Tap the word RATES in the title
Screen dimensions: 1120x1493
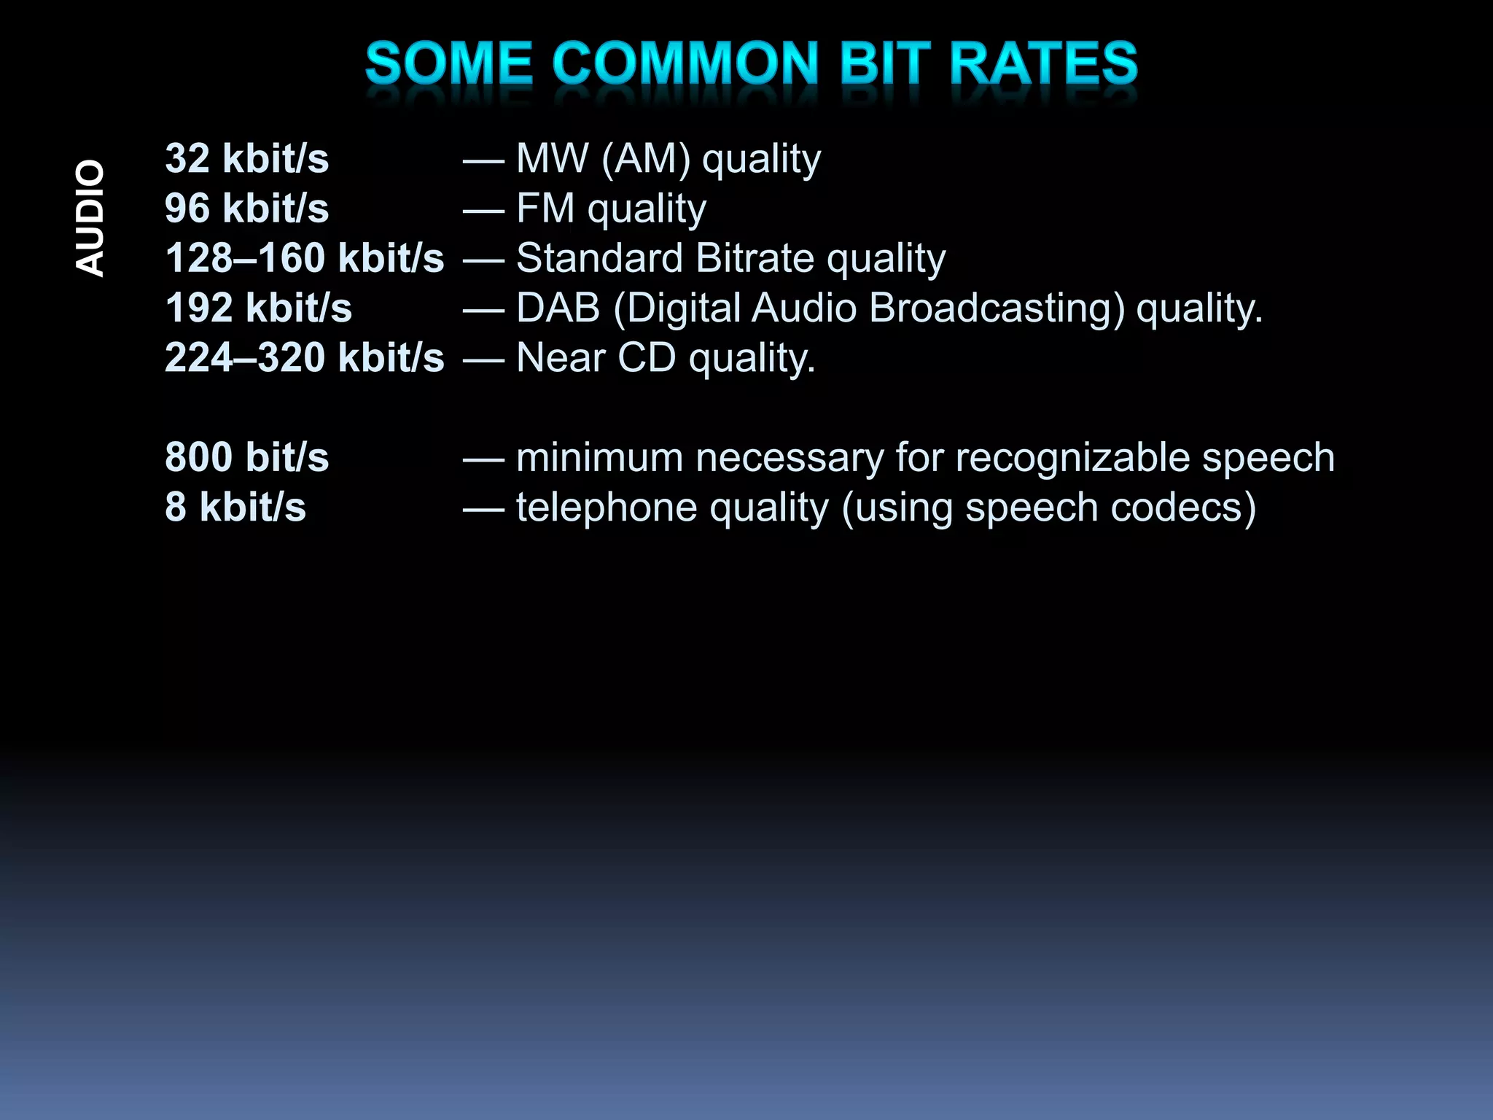click(x=1043, y=63)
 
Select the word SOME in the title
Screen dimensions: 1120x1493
click(x=448, y=63)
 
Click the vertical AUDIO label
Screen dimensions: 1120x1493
click(x=90, y=218)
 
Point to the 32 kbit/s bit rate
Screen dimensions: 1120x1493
click(x=246, y=158)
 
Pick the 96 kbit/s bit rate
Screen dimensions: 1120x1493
click(x=246, y=209)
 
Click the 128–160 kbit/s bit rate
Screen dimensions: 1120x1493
click(x=304, y=258)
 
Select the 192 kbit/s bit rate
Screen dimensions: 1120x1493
click(x=258, y=308)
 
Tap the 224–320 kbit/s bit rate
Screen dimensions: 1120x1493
click(x=304, y=357)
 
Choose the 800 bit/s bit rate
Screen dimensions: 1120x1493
click(x=246, y=457)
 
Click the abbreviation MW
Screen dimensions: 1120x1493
click(x=552, y=158)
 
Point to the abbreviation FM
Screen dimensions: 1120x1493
click(x=545, y=209)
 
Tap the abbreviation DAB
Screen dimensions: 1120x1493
click(x=558, y=308)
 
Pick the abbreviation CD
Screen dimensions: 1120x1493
click(x=647, y=357)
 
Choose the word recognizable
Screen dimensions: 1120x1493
click(x=1072, y=459)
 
